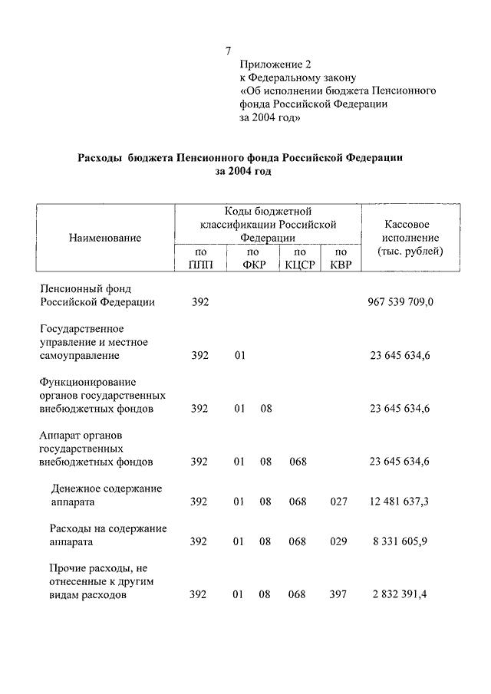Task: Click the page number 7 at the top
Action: pyautogui.click(x=229, y=51)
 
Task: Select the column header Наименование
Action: pyautogui.click(x=105, y=238)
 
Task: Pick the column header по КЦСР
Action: pyautogui.click(x=300, y=258)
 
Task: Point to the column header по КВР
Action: pyautogui.click(x=341, y=258)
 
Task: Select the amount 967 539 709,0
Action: pyautogui.click(x=401, y=302)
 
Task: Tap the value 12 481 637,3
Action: pyautogui.click(x=398, y=502)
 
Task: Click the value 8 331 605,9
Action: pyautogui.click(x=401, y=541)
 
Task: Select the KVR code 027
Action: pyautogui.click(x=338, y=502)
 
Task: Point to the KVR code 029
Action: pyautogui.click(x=338, y=541)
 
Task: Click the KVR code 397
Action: pyautogui.click(x=338, y=594)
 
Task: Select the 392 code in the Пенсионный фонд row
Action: pyautogui.click(x=199, y=302)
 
